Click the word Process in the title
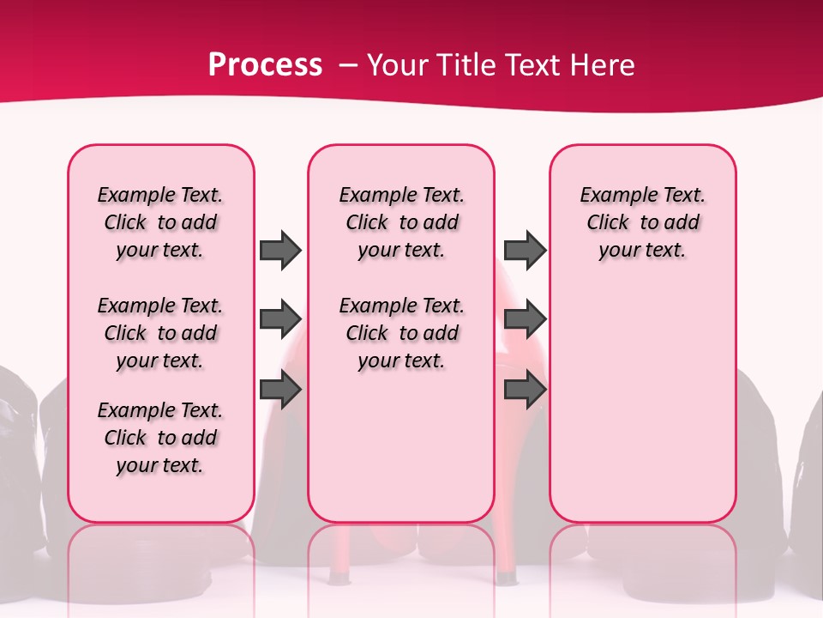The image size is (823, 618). point(265,65)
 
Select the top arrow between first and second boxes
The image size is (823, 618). point(280,250)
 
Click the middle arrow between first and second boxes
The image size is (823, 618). point(280,319)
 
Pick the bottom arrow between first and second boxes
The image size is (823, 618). point(280,390)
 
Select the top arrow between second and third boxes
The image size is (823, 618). point(525,250)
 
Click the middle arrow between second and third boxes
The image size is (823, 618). point(525,319)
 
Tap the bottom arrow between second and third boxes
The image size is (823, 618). point(525,390)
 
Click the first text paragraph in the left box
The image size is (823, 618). point(160,222)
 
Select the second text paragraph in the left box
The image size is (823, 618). point(160,333)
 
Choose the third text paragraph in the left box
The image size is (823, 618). point(160,438)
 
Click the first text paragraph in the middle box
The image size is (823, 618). point(401,222)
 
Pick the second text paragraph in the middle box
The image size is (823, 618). point(401,333)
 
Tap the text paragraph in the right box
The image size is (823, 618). point(642,222)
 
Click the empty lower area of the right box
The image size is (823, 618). point(642,412)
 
